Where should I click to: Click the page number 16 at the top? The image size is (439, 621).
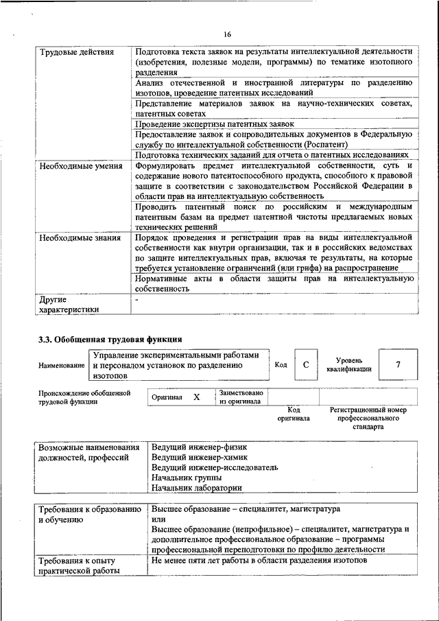pyautogui.click(x=227, y=35)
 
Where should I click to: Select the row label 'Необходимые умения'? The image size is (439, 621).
pyautogui.click(x=75, y=166)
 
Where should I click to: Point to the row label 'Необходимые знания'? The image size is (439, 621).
pyautogui.click(x=80, y=238)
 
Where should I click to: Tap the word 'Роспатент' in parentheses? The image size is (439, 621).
pyautogui.click(x=323, y=144)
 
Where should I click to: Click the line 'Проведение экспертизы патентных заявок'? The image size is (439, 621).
pyautogui.click(x=215, y=124)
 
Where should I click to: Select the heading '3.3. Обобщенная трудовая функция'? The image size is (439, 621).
pyautogui.click(x=110, y=339)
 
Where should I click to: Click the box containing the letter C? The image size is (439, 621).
pyautogui.click(x=306, y=365)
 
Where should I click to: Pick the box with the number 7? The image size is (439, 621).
pyautogui.click(x=398, y=365)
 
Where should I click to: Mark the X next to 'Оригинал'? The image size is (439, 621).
pyautogui.click(x=197, y=397)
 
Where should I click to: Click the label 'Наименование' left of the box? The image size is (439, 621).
pyautogui.click(x=62, y=366)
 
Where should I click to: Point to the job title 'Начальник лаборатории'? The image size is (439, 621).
pyautogui.click(x=196, y=488)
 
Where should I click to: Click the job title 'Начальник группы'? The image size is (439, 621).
pyautogui.click(x=186, y=478)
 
